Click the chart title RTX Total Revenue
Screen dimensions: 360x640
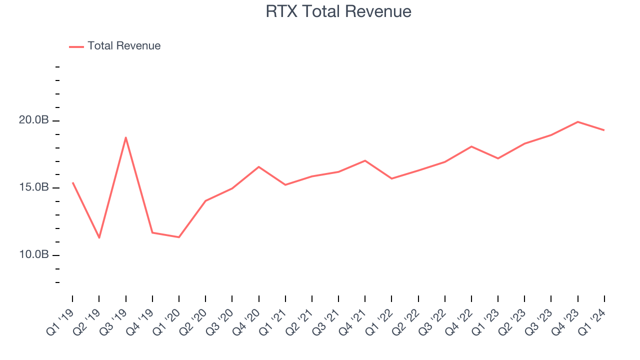pyautogui.click(x=338, y=11)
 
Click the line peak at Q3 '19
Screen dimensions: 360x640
pyautogui.click(x=126, y=137)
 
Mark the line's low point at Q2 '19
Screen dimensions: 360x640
pyautogui.click(x=99, y=237)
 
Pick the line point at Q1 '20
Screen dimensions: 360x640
pyautogui.click(x=179, y=237)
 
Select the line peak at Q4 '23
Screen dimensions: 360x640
pyautogui.click(x=578, y=122)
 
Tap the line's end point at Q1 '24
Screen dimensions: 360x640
pyautogui.click(x=604, y=130)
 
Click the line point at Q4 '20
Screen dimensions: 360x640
pyautogui.click(x=259, y=167)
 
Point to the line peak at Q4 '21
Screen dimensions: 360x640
pyautogui.click(x=365, y=160)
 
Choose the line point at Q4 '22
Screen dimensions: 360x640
pyautogui.click(x=471, y=146)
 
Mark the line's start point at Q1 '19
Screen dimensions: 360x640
pyautogui.click(x=73, y=183)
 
